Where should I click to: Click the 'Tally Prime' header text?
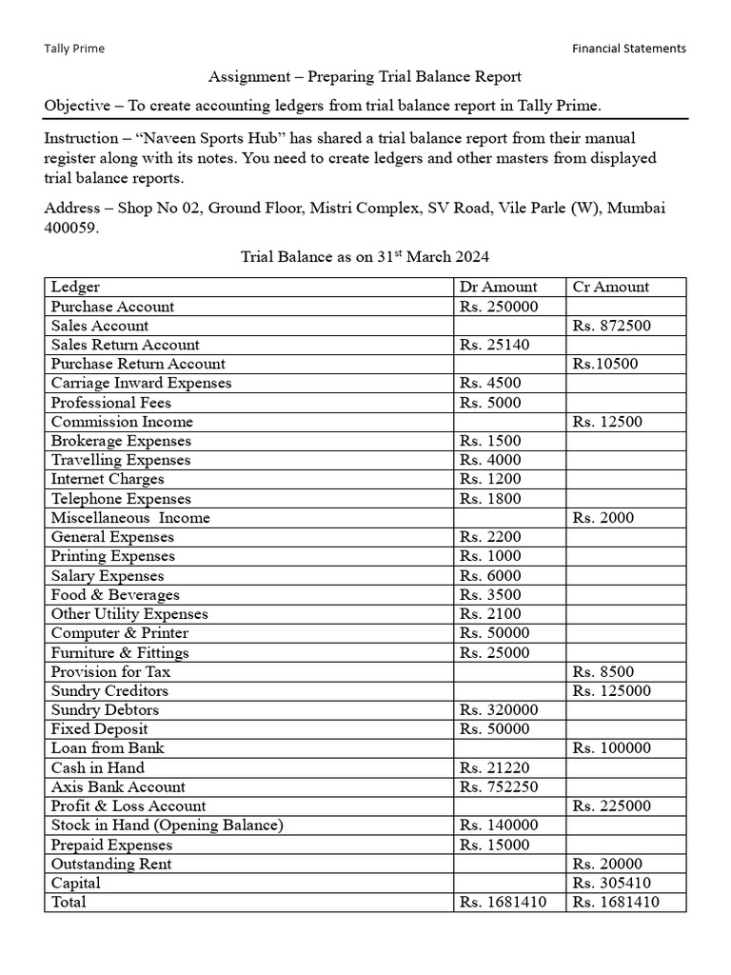click(74, 49)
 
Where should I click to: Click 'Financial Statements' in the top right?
click(628, 49)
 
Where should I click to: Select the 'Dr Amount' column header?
click(498, 287)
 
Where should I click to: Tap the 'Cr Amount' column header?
click(611, 287)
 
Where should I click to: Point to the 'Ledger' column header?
click(75, 287)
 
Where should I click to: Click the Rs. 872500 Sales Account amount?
click(612, 326)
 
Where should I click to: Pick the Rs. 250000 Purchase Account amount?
click(499, 307)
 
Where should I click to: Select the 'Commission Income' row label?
click(122, 422)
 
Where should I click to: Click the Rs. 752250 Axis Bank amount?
click(499, 786)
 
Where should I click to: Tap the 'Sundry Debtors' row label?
click(105, 710)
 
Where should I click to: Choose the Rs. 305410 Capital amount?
click(612, 883)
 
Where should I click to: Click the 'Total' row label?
click(69, 902)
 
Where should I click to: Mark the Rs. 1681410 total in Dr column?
click(503, 902)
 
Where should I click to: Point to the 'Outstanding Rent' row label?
click(111, 864)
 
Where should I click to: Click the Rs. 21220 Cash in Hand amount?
click(495, 767)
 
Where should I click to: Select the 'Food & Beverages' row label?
click(115, 595)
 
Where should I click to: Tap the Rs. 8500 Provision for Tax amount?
click(603, 671)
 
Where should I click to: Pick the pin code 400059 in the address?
click(71, 229)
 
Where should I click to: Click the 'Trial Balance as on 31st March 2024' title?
click(365, 257)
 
